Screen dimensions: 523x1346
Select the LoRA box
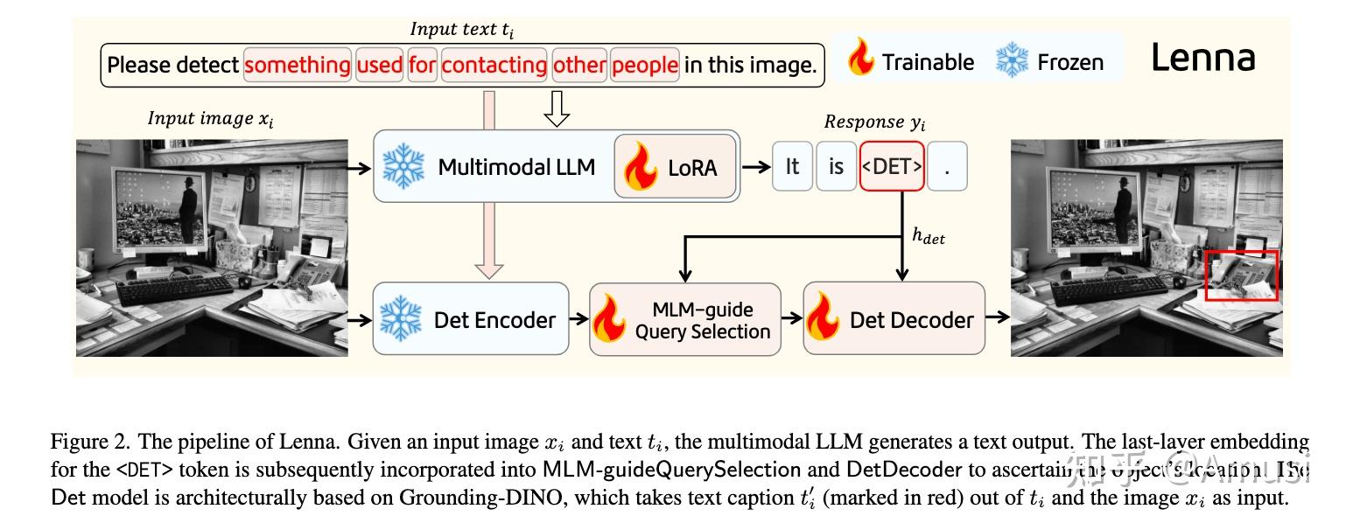(x=675, y=167)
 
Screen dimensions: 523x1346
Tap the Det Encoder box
(x=471, y=319)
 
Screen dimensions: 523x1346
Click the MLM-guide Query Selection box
(x=684, y=319)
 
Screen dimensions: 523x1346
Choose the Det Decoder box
(x=894, y=319)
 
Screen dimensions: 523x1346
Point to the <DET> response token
(x=891, y=166)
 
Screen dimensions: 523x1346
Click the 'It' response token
(x=792, y=166)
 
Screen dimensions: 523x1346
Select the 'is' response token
(x=836, y=166)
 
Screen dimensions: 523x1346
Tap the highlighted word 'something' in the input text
(x=298, y=66)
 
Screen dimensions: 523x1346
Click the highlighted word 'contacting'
(x=494, y=66)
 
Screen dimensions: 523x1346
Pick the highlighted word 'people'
(x=645, y=66)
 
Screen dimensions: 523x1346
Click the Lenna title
(x=1202, y=59)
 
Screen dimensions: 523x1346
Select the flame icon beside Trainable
(x=861, y=59)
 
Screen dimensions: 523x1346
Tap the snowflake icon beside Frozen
(x=1013, y=61)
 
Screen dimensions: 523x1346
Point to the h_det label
(x=929, y=236)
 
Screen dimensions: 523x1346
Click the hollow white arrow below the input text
(x=557, y=108)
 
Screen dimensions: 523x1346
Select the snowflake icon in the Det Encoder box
(x=403, y=319)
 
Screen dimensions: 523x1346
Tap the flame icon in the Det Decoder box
(x=824, y=319)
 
